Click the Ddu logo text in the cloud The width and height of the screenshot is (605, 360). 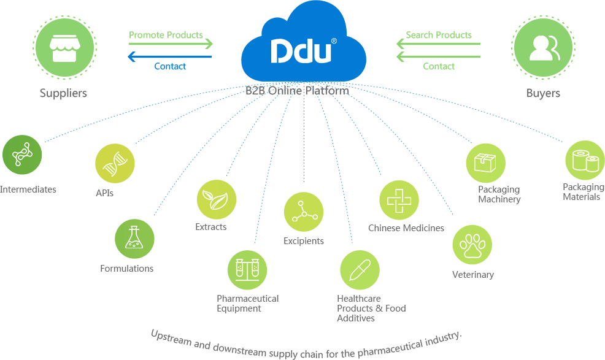point(301,52)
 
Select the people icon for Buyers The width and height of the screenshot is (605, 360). point(543,47)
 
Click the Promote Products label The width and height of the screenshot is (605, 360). point(166,35)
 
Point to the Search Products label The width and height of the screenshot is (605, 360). point(439,35)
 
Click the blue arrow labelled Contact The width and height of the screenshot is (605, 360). point(170,57)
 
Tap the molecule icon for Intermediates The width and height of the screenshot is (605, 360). point(22,155)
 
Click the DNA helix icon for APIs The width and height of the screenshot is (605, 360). point(115,163)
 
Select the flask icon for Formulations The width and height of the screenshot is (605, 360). point(134,239)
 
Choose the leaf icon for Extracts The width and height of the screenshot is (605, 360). point(216,199)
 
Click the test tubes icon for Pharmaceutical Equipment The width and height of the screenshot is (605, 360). point(247,270)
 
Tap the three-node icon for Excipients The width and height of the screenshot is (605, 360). point(304,212)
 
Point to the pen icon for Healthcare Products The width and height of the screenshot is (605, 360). point(360,270)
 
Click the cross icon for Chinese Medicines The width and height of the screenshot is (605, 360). point(399,201)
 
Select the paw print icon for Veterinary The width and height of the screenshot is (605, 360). point(472,245)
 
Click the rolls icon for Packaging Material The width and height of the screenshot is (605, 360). point(585,160)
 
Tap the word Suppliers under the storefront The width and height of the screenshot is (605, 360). point(63,93)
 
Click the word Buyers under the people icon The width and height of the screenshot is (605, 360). point(543,93)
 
